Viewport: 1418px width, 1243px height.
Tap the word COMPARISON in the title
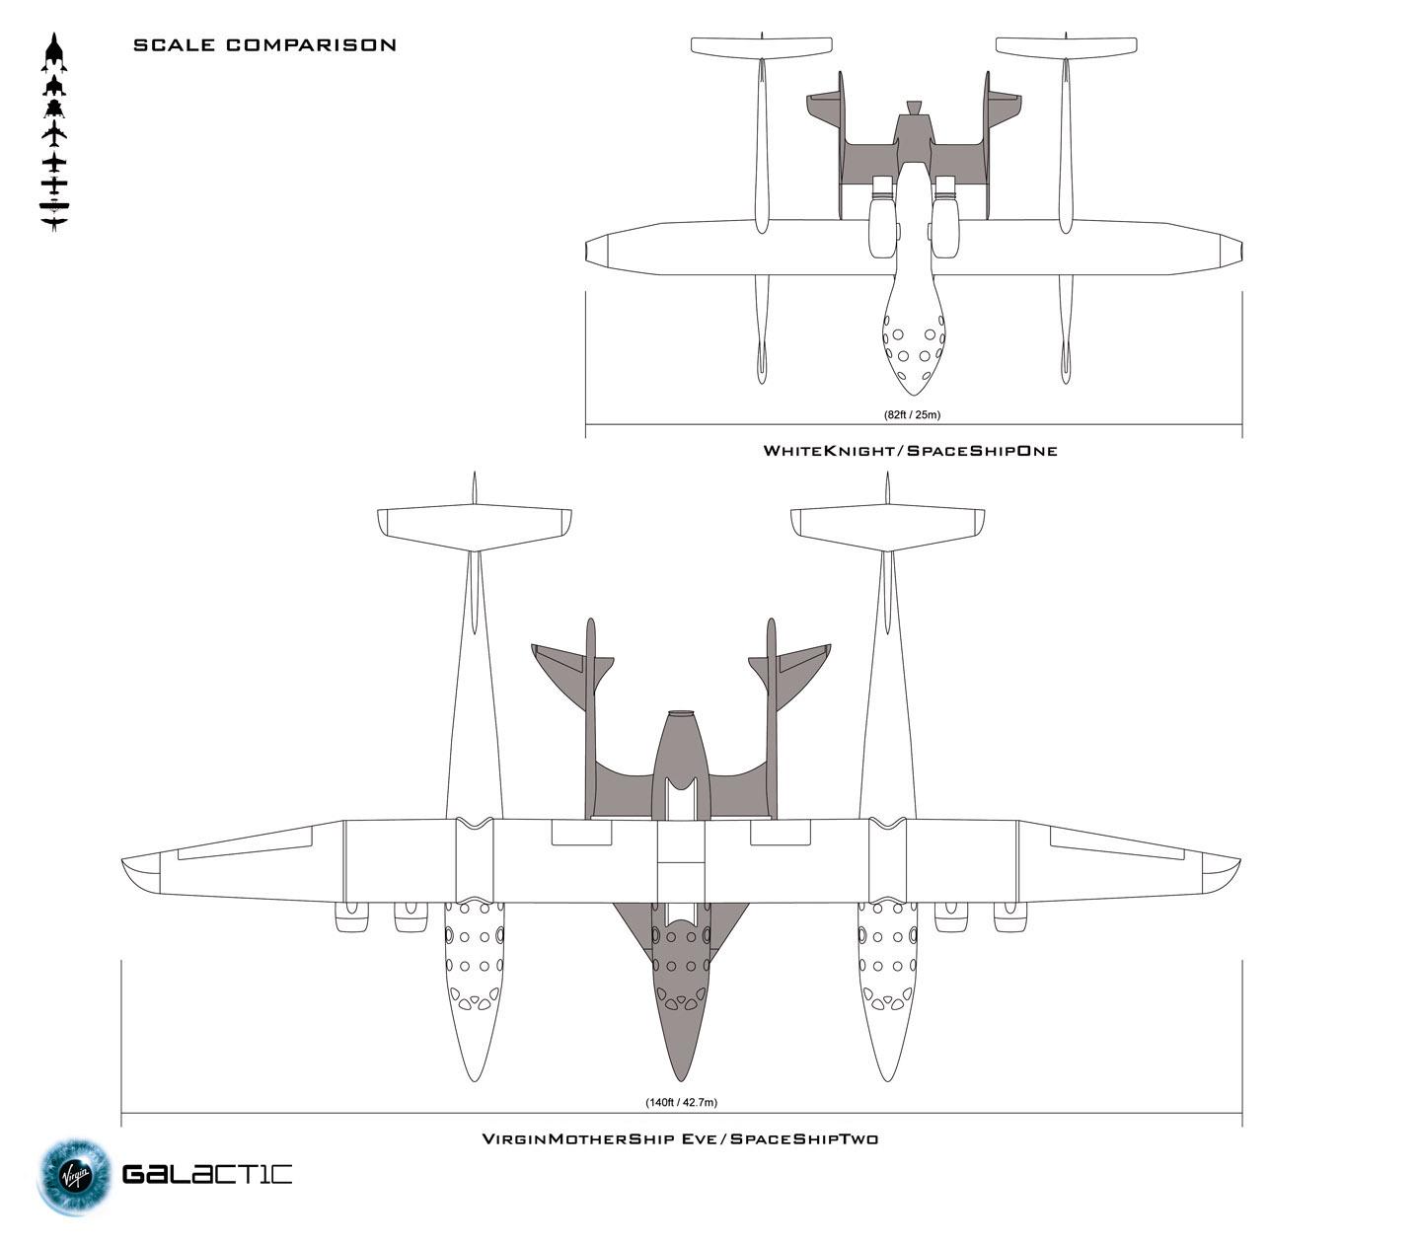tap(311, 45)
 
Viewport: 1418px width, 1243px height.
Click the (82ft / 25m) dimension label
tap(911, 414)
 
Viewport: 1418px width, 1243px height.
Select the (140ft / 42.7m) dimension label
tap(680, 1102)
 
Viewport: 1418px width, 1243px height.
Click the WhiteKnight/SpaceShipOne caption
tap(910, 451)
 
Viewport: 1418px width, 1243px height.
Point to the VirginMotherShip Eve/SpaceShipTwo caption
tap(680, 1138)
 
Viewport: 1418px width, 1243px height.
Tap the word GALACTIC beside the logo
tap(207, 1174)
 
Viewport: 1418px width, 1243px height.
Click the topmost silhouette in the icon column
tap(54, 52)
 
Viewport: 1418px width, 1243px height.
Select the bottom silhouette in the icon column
tap(54, 223)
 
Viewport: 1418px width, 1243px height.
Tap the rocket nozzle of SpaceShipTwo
tap(680, 714)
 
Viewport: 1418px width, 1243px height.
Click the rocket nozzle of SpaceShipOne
tap(914, 108)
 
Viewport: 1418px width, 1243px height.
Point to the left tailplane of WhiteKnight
tap(762, 45)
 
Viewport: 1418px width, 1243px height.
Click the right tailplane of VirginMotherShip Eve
tap(887, 526)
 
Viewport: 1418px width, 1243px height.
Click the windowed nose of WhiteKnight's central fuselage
tap(914, 350)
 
